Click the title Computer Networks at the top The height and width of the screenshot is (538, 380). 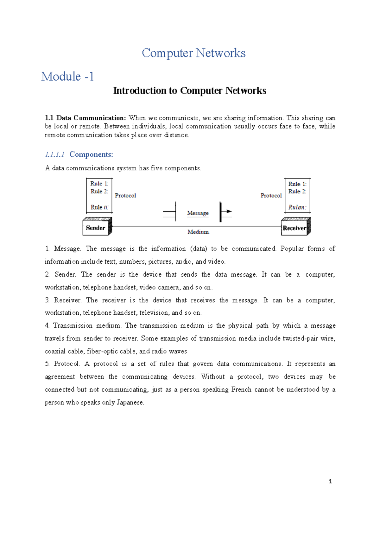click(x=193, y=53)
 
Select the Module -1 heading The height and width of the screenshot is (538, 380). click(x=67, y=76)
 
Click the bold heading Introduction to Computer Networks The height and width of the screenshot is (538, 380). click(x=190, y=91)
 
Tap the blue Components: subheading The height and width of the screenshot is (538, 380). click(x=91, y=154)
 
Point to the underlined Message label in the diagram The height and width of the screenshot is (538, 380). click(x=198, y=213)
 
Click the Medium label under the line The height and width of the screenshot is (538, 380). click(x=198, y=232)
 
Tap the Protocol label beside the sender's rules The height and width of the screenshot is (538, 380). click(x=125, y=195)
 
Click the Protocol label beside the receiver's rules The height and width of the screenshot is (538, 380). click(x=271, y=195)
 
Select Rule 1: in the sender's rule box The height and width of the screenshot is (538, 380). click(x=99, y=184)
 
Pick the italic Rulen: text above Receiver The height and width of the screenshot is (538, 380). click(x=297, y=207)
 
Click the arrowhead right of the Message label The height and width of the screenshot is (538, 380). click(x=229, y=211)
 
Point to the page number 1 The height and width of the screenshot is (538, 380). click(x=330, y=482)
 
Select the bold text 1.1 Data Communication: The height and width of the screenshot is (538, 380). click(x=85, y=118)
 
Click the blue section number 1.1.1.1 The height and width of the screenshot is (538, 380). click(x=55, y=154)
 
